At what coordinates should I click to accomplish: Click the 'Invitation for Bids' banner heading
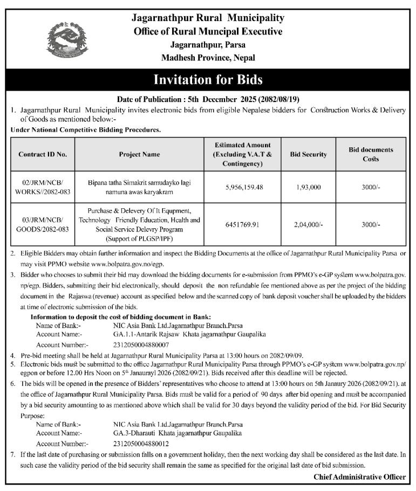(x=208, y=80)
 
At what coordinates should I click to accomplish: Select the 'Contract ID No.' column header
(x=43, y=154)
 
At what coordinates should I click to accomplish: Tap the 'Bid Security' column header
(x=308, y=154)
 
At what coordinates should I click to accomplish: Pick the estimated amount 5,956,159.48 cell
(x=244, y=187)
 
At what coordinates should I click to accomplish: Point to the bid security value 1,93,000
(x=309, y=187)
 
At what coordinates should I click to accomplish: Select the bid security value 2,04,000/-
(x=309, y=224)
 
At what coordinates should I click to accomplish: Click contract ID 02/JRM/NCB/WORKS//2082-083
(x=43, y=187)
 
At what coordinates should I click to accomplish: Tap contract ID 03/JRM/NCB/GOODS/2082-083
(x=43, y=224)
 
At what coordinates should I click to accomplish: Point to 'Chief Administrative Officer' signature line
(x=359, y=476)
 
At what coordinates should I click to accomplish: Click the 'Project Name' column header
(x=139, y=154)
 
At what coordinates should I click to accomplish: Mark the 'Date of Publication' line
(x=208, y=100)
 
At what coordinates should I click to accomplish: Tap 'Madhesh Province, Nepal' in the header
(x=208, y=58)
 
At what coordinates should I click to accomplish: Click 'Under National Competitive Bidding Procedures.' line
(x=86, y=130)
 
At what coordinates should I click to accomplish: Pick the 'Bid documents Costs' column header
(x=371, y=154)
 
